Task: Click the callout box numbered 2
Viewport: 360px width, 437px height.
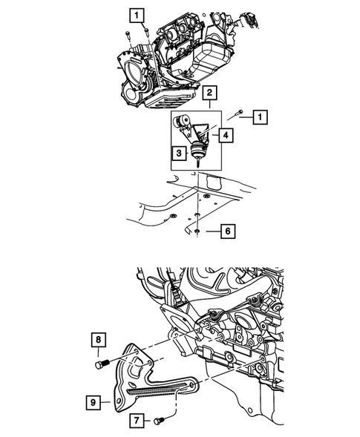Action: pyautogui.click(x=211, y=93)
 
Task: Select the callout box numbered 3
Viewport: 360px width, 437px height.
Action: pyautogui.click(x=177, y=154)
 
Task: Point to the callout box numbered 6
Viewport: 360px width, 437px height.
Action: pyautogui.click(x=228, y=232)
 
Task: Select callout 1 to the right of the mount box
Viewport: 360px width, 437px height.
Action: pyautogui.click(x=260, y=116)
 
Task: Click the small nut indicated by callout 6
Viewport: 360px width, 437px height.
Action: pyautogui.click(x=199, y=232)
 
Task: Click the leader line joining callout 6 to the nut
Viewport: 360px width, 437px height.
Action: pyautogui.click(x=212, y=232)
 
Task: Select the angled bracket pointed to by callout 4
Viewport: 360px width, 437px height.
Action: pyautogui.click(x=204, y=134)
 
